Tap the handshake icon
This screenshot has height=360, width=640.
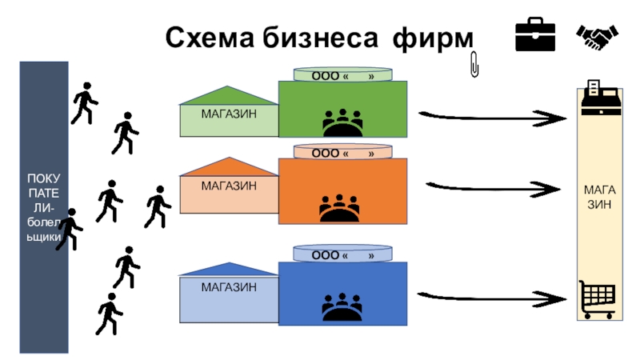pyautogui.click(x=596, y=36)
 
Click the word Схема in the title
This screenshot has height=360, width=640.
pyautogui.click(x=210, y=38)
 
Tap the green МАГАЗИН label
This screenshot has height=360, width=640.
pyautogui.click(x=229, y=114)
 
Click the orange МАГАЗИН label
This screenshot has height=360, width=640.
pyautogui.click(x=229, y=186)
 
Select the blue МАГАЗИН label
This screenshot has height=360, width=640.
pyautogui.click(x=229, y=286)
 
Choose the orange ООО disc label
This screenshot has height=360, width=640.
pyautogui.click(x=342, y=152)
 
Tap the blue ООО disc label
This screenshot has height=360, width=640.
pyautogui.click(x=342, y=255)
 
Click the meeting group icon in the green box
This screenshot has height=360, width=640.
pyautogui.click(x=342, y=123)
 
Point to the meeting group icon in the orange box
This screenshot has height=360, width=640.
pyautogui.click(x=340, y=208)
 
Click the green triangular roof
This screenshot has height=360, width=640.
pyautogui.click(x=228, y=96)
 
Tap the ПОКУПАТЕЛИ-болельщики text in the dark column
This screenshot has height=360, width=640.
pyautogui.click(x=44, y=206)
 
